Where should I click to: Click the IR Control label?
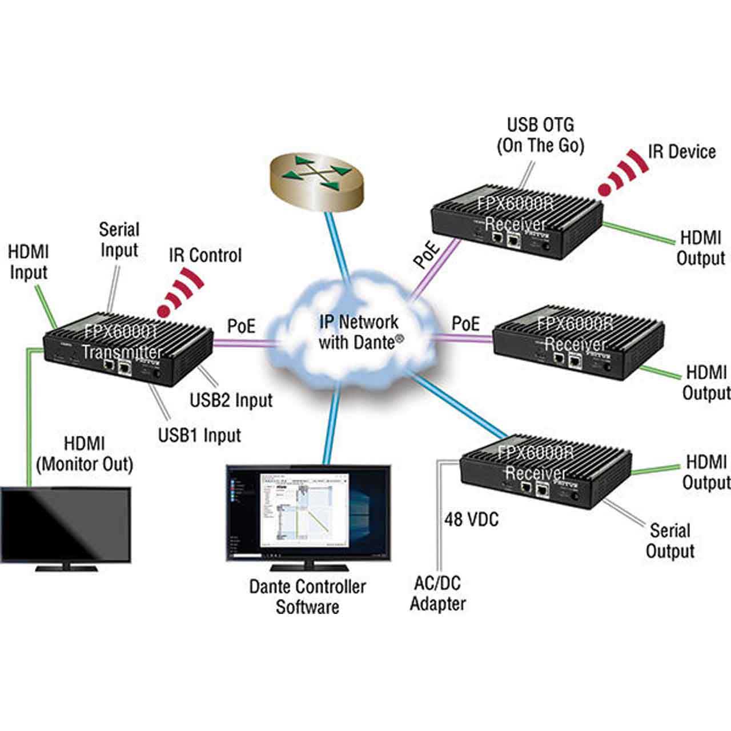tap(205, 255)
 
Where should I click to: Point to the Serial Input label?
tap(119, 240)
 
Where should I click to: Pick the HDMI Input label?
tap(29, 262)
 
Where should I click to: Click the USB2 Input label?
tap(231, 400)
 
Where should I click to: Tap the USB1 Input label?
tap(199, 435)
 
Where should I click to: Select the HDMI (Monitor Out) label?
tap(84, 454)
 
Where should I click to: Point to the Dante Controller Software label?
tap(307, 597)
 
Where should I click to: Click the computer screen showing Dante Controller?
tap(308, 514)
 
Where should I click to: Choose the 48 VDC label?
tap(471, 519)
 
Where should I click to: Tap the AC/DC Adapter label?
tap(437, 593)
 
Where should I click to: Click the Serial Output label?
tap(670, 541)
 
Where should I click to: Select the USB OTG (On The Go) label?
tap(540, 135)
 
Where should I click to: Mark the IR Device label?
tap(681, 152)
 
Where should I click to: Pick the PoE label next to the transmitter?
tap(241, 326)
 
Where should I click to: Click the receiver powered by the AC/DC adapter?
tap(545, 471)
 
